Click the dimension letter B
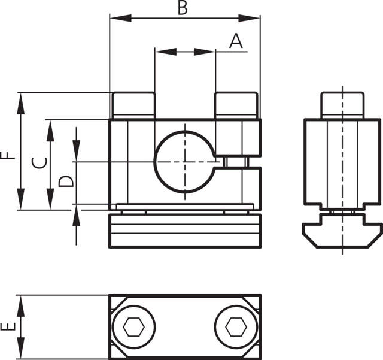tap(183, 8)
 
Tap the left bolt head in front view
tap(133, 105)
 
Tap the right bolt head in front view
tap(236, 105)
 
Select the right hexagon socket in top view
tap(236, 327)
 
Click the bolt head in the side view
tap(342, 105)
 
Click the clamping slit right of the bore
tap(239, 162)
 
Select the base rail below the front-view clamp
tap(185, 231)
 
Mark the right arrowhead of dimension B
tap(254, 18)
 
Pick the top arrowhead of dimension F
tap(22, 99)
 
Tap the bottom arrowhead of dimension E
tap(22, 353)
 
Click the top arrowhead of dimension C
tap(50, 126)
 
